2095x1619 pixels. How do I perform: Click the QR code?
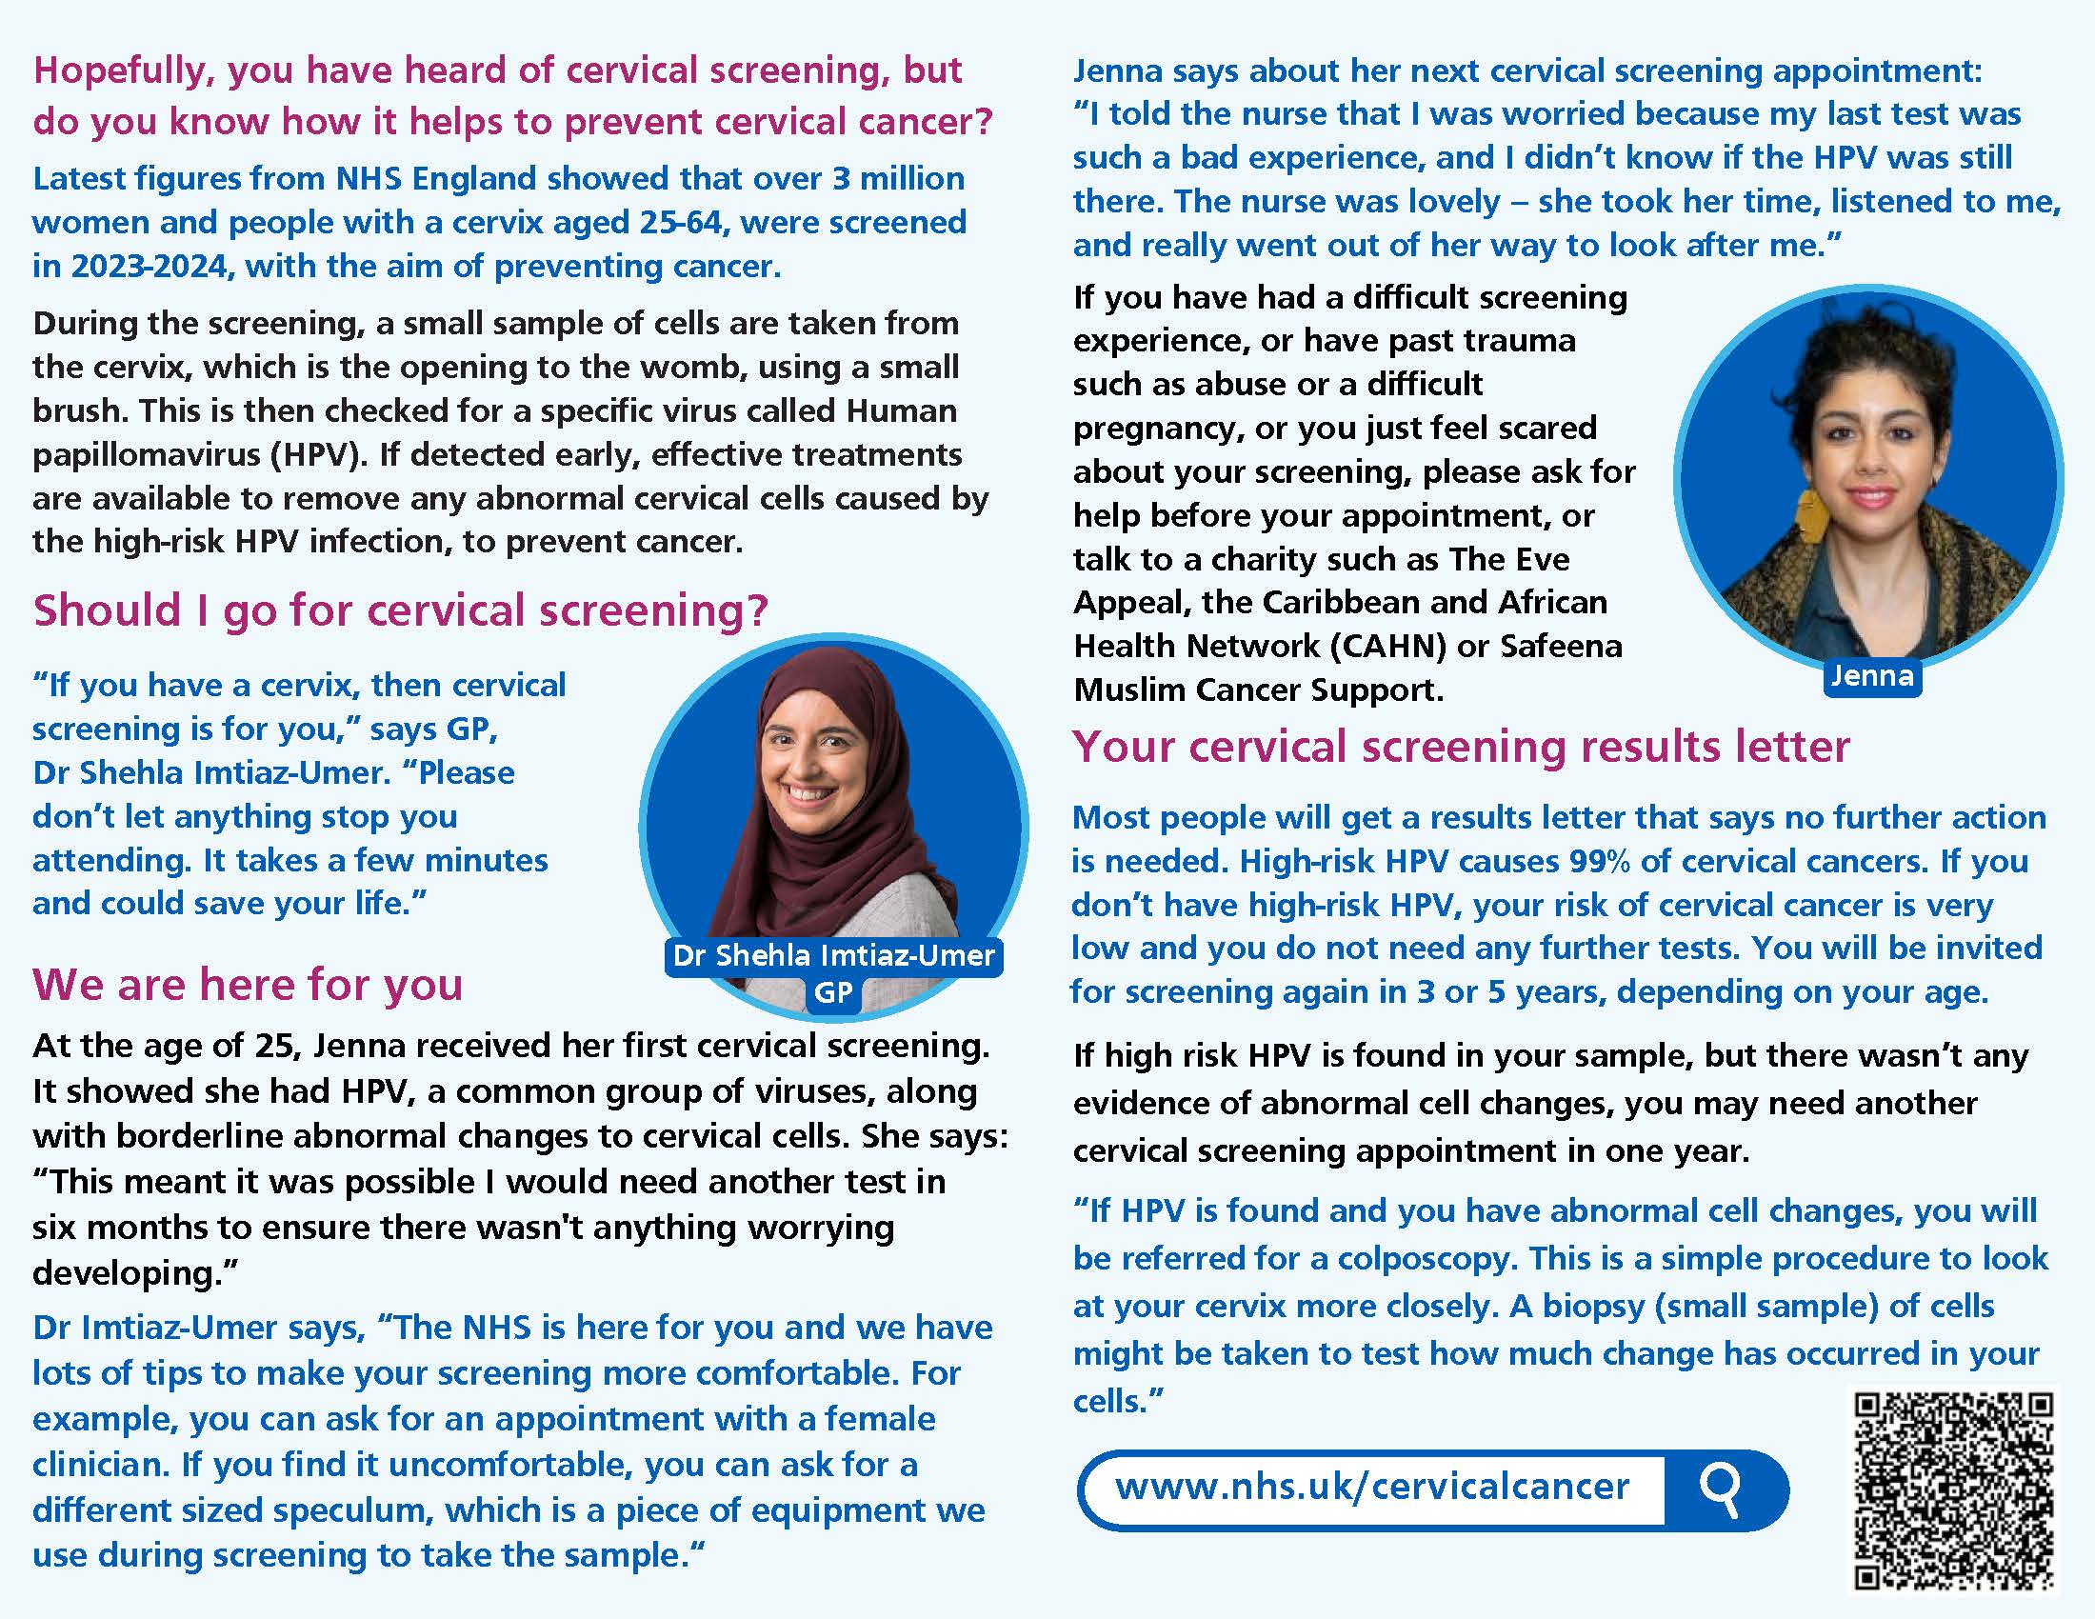click(1954, 1490)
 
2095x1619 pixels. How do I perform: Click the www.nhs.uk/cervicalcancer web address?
click(1371, 1487)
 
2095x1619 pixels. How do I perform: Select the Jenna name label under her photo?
click(1871, 676)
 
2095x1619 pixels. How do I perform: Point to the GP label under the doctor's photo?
click(832, 992)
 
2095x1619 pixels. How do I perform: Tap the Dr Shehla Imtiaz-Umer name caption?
click(833, 955)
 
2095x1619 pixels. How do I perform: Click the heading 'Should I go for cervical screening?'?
click(400, 610)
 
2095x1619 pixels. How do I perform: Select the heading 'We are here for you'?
click(248, 984)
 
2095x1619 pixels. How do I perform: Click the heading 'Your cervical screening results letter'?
click(1461, 747)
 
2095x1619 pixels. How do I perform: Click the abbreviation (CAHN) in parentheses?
click(1388, 647)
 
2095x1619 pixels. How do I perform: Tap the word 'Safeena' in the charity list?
click(1561, 647)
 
